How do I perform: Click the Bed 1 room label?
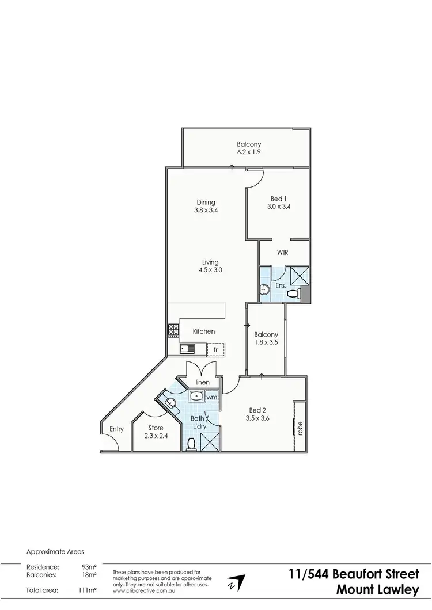279,203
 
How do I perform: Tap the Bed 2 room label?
256,414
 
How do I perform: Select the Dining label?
206,206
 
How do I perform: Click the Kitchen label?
204,331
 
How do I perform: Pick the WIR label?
282,252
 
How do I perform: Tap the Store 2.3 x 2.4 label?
156,432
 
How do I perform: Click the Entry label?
116,429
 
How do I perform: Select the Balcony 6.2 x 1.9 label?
249,148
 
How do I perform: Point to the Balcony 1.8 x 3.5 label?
266,338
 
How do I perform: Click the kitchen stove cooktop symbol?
173,330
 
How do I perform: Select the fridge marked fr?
215,349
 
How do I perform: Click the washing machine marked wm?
212,397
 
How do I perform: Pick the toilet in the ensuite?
294,294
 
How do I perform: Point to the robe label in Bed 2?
300,428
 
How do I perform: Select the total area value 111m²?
88,590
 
